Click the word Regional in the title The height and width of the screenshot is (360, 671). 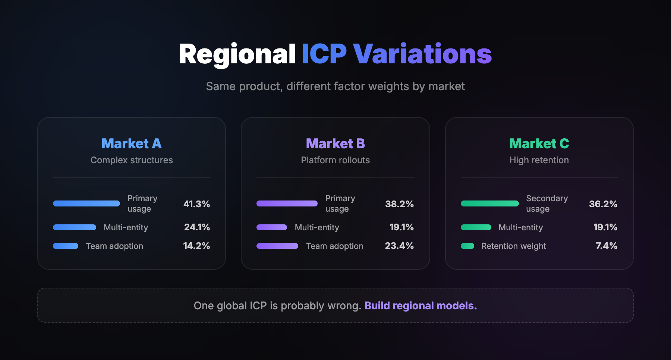237,54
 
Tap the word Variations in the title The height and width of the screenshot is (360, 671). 422,54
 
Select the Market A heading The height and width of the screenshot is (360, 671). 131,143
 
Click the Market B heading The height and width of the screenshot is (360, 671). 335,143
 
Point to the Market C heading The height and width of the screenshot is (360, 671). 539,143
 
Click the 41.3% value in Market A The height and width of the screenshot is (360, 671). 196,204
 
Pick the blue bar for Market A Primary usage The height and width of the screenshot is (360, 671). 86,203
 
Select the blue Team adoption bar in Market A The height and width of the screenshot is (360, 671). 66,246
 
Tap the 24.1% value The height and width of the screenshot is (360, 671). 197,227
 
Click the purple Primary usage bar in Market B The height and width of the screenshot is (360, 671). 287,203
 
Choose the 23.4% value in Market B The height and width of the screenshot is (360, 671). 399,246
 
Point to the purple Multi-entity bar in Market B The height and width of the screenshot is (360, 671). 271,227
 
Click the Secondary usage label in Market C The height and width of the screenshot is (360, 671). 546,203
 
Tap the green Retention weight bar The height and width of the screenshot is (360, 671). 467,246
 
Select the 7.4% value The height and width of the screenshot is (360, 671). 606,246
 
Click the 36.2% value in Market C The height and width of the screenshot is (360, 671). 603,204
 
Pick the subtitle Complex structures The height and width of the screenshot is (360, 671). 132,160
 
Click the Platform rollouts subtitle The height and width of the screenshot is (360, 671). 335,160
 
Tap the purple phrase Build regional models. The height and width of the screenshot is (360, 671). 420,306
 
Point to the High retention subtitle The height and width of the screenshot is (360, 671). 539,160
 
